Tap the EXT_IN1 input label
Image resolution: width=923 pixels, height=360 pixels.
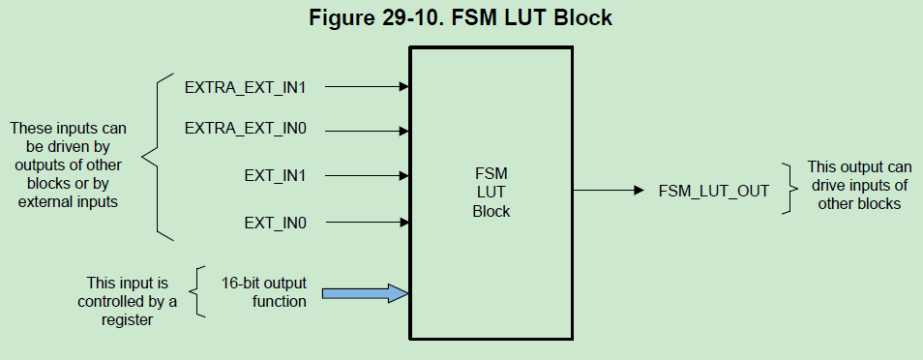(x=275, y=176)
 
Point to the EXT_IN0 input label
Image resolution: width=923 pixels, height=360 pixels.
(x=275, y=224)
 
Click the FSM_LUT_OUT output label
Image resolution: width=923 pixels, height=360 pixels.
(x=714, y=191)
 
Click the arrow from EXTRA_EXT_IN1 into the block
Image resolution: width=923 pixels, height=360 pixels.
(x=367, y=86)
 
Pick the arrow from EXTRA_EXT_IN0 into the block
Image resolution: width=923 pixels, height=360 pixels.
(x=367, y=129)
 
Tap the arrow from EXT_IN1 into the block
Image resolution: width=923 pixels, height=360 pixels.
(x=367, y=176)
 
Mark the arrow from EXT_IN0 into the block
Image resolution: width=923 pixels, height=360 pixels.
(x=367, y=224)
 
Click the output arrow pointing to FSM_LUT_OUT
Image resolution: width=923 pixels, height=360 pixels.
(x=609, y=191)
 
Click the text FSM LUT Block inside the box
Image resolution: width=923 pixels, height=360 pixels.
(x=491, y=191)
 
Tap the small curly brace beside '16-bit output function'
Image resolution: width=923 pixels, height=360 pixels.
(x=198, y=292)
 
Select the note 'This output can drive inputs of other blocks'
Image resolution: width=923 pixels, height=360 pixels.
(x=858, y=186)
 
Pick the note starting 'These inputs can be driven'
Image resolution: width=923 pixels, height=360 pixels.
(x=68, y=165)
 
